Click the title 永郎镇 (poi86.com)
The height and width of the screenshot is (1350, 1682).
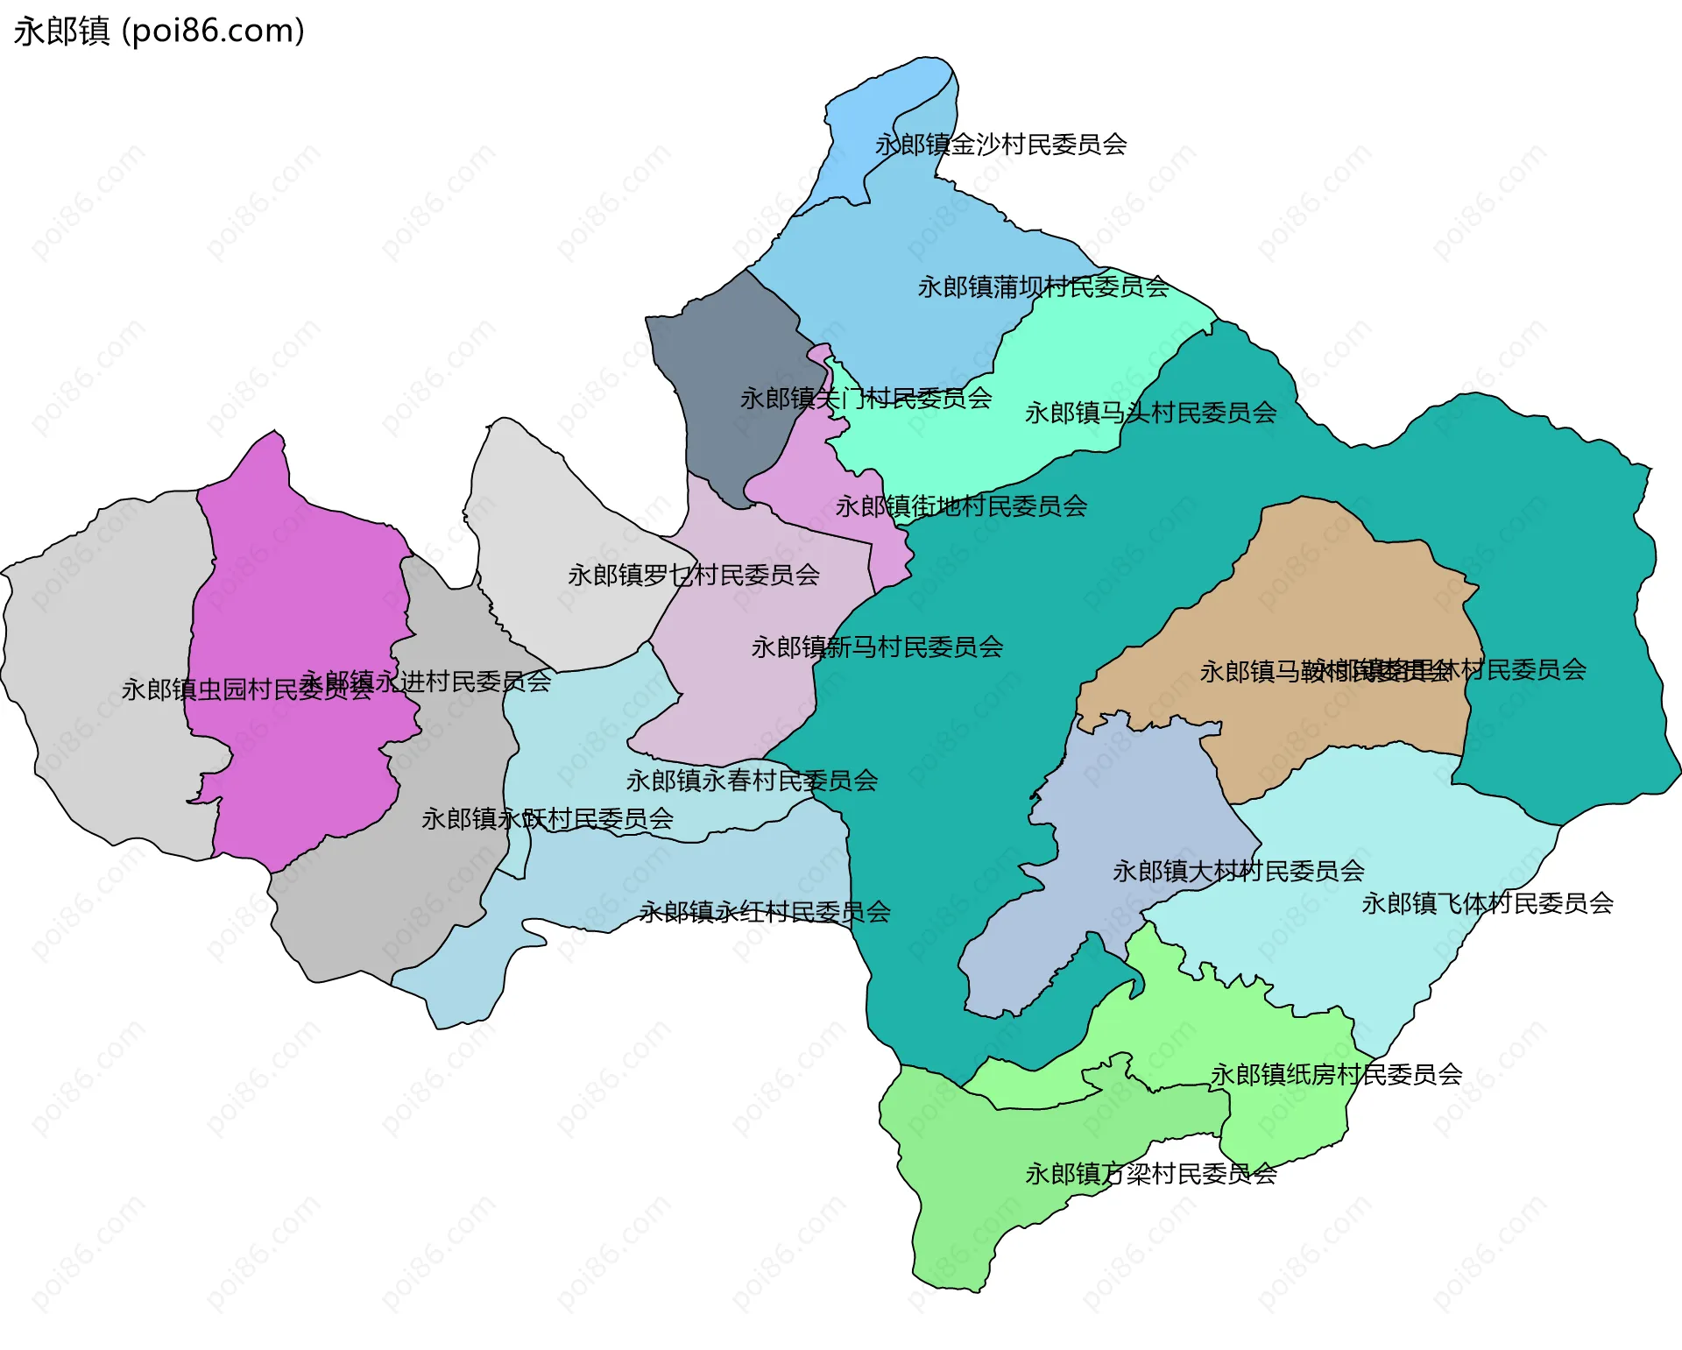tap(159, 32)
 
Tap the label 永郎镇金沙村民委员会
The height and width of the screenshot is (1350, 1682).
tap(1000, 145)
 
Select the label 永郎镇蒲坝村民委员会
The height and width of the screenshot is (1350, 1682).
tap(1042, 287)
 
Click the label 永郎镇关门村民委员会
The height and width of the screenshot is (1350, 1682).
tap(866, 399)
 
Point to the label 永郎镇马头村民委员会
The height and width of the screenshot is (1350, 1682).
tap(1150, 413)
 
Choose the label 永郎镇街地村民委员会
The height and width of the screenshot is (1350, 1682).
tap(961, 506)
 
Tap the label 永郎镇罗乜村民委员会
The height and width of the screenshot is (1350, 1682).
tap(693, 576)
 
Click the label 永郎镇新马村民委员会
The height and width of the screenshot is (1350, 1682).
tap(877, 647)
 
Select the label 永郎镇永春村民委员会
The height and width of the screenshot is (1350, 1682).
tap(752, 781)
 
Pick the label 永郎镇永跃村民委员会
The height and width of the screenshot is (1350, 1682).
tap(548, 819)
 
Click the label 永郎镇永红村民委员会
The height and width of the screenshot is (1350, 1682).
tap(765, 913)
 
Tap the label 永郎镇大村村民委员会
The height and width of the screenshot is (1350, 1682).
tap(1238, 872)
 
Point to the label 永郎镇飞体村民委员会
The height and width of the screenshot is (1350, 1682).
tap(1487, 903)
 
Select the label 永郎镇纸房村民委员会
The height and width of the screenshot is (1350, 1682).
tap(1336, 1074)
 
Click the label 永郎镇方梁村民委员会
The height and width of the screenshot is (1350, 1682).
tap(1150, 1174)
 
